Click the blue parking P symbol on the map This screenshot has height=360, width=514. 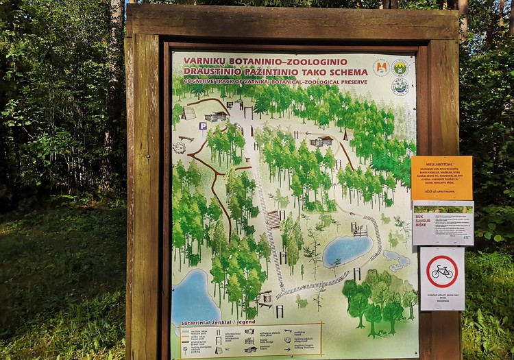tap(203, 126)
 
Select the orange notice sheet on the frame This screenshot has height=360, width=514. tap(441, 178)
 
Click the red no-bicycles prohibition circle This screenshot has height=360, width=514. tap(442, 272)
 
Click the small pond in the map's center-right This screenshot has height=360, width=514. tap(347, 250)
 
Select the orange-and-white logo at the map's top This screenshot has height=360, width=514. tap(381, 67)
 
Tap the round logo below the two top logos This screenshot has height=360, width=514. tap(400, 87)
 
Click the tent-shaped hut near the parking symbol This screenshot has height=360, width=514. tap(189, 112)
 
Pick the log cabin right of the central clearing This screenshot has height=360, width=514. tap(321, 141)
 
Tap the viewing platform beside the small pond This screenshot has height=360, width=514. tap(360, 230)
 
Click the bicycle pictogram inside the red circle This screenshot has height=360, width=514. tap(442, 272)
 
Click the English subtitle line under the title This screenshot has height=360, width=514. tap(275, 82)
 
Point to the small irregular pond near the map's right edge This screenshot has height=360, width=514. tap(397, 259)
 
